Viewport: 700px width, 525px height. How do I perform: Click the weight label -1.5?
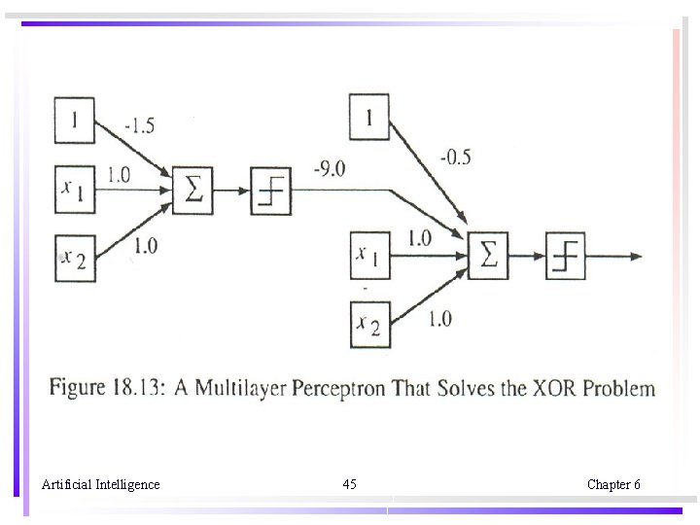coord(139,125)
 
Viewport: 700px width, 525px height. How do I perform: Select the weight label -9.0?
coord(329,169)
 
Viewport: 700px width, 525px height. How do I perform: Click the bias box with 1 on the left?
coord(74,121)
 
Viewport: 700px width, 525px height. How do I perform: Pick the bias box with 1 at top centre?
coord(368,118)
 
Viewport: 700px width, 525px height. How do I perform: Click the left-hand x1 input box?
coord(74,188)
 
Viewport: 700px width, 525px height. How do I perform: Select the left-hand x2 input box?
coord(74,258)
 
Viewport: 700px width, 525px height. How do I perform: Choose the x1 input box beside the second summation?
coord(369,256)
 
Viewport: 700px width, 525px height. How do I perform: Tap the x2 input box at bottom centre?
coord(369,326)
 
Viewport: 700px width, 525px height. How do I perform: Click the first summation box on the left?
coord(192,189)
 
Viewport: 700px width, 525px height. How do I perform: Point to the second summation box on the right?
coord(488,257)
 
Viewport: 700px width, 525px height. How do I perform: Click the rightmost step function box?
coord(565,257)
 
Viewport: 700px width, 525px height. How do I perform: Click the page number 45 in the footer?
coord(350,484)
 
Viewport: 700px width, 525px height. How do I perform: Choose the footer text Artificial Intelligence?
coord(101,484)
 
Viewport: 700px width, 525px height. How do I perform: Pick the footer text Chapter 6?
coord(613,484)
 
